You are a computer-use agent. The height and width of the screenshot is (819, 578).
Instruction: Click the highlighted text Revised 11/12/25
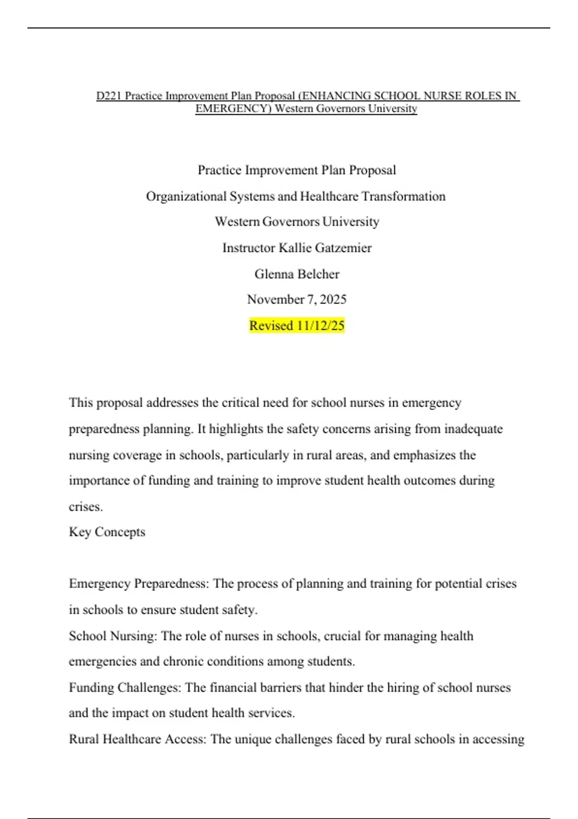(297, 326)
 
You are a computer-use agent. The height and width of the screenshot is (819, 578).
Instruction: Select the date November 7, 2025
(297, 300)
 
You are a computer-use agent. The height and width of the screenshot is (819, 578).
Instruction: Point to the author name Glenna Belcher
(297, 274)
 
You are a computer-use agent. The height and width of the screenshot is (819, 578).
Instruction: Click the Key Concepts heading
(107, 532)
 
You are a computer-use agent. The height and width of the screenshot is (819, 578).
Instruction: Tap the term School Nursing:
(113, 636)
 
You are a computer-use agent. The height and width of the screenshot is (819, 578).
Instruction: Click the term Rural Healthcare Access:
(137, 739)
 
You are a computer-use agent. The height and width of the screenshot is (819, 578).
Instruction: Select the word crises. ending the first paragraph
(86, 507)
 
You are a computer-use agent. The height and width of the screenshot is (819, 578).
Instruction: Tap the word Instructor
(248, 248)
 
